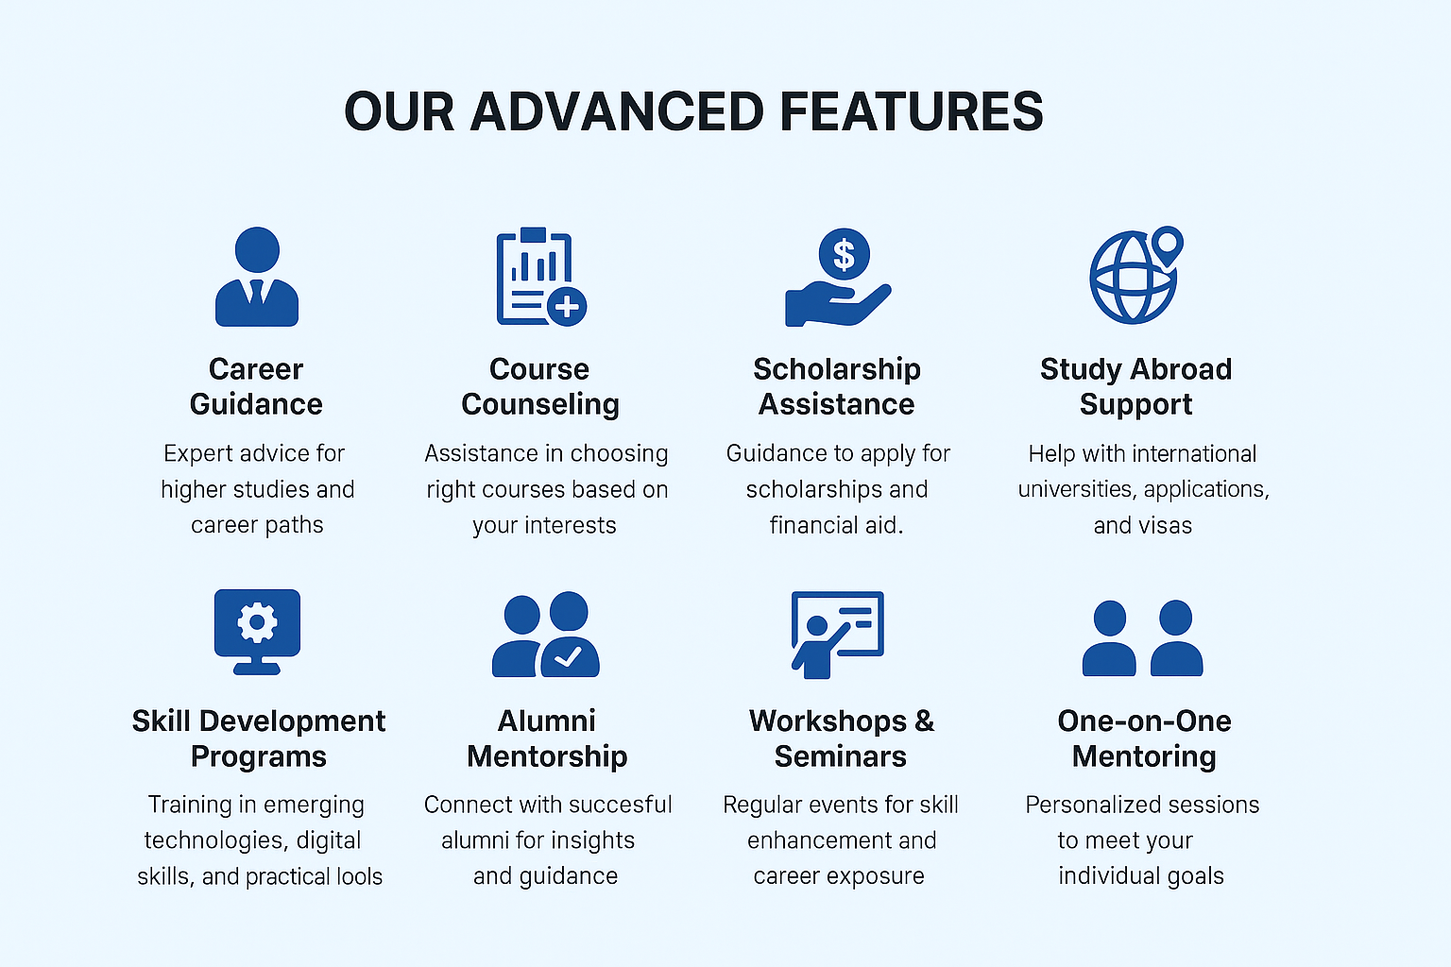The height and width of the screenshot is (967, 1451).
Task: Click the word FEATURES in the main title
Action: [911, 111]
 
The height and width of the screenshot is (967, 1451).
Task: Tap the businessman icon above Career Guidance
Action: [257, 277]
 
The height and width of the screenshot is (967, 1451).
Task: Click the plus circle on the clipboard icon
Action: [567, 306]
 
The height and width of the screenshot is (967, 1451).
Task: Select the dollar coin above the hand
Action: [844, 254]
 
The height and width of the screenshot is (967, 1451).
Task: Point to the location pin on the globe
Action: [1168, 245]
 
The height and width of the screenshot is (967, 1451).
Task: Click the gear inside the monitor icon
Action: [257, 621]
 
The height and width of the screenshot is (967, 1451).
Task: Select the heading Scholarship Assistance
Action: [837, 386]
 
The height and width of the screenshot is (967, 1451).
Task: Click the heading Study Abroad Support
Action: [1136, 386]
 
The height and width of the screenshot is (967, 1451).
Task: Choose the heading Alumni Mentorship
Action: [547, 738]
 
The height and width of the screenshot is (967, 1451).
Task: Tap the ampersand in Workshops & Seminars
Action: [925, 721]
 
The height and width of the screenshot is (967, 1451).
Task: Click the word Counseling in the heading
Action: [540, 405]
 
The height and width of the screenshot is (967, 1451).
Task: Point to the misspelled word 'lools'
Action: [360, 876]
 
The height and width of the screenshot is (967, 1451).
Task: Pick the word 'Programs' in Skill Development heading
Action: [259, 756]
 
